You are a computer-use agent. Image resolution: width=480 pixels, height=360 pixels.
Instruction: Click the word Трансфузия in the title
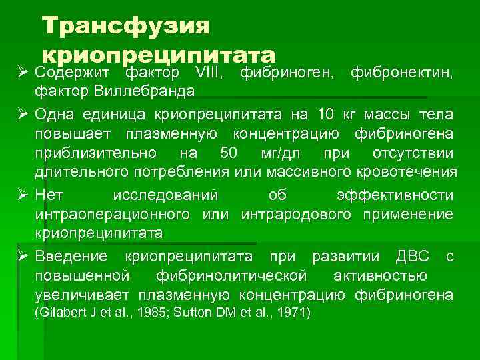(125, 26)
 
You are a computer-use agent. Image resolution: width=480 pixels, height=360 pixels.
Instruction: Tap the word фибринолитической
(231, 276)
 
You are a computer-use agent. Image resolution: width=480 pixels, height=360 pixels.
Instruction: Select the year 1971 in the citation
(293, 312)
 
